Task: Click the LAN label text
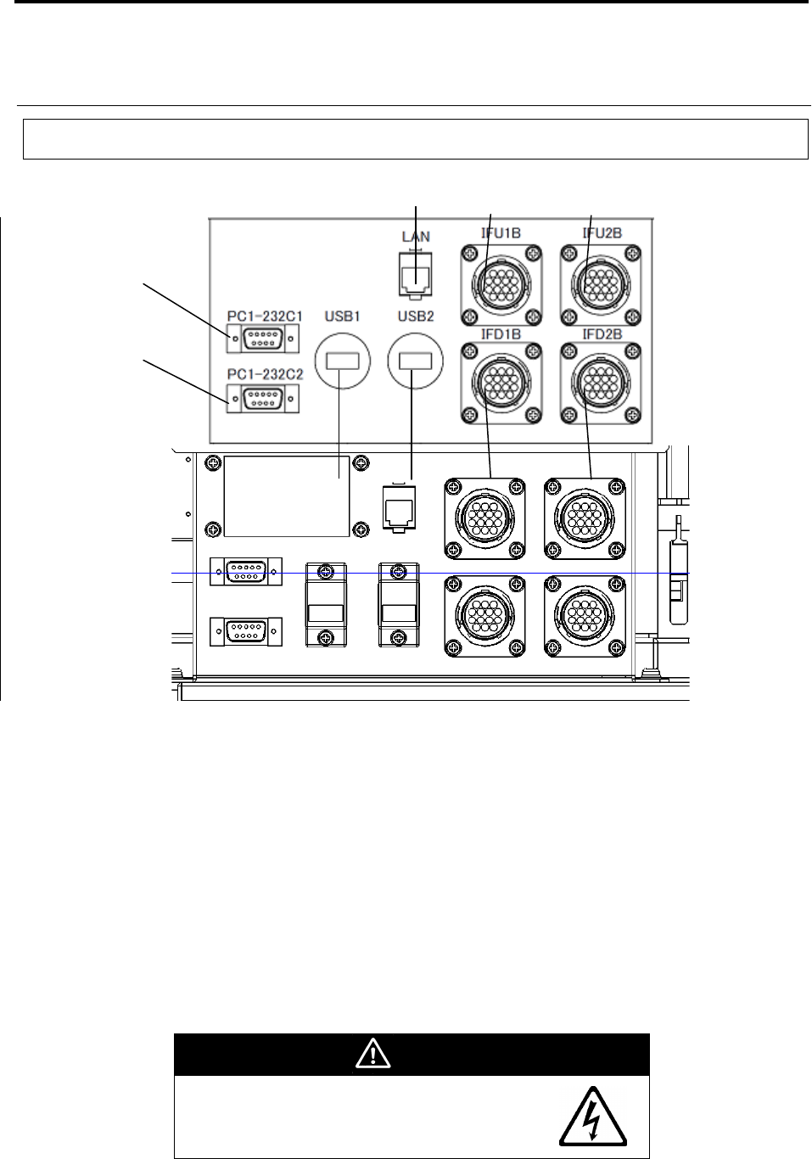coord(416,237)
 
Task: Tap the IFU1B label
coord(501,232)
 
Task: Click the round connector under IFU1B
coord(501,285)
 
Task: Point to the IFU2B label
coord(602,232)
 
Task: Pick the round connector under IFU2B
coord(601,285)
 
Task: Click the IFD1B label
coord(501,334)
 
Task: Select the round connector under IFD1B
coord(501,383)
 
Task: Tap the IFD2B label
coord(602,334)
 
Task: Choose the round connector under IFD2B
coord(601,383)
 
